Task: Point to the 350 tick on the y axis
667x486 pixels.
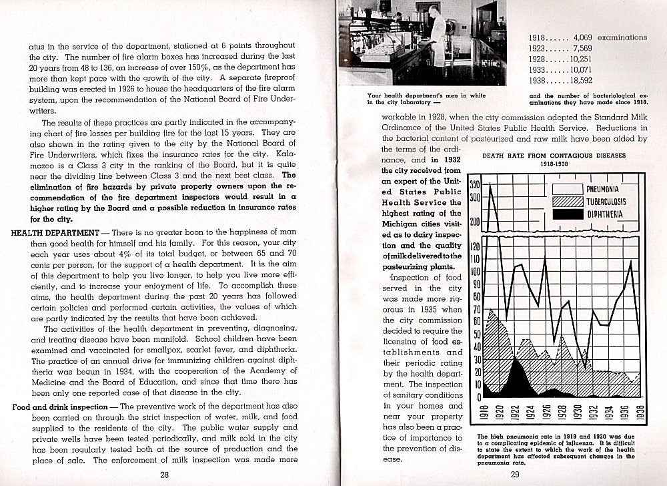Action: tap(475, 185)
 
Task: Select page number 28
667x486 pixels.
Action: tap(164, 475)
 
